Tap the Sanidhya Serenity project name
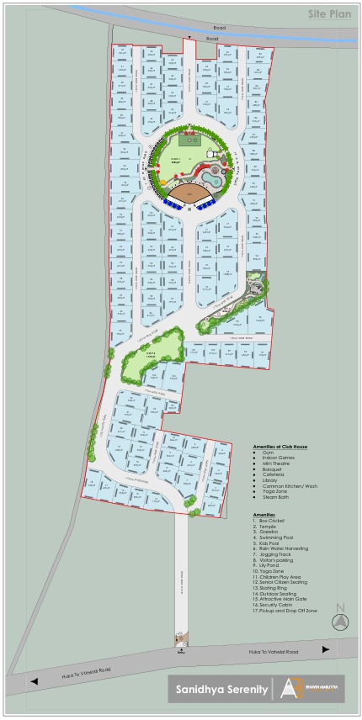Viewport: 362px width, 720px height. point(217,689)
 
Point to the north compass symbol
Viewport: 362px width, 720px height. point(340,621)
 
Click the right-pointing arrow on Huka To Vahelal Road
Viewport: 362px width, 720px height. point(326,649)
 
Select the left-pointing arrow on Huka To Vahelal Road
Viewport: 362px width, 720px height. point(35,680)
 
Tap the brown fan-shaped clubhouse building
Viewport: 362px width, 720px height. point(190,195)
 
